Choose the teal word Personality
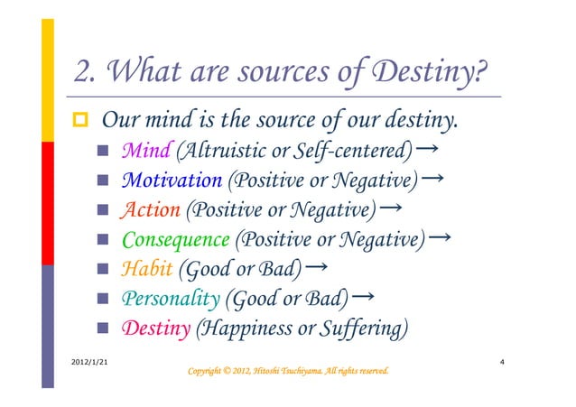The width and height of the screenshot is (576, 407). (x=170, y=299)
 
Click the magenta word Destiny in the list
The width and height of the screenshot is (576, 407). (x=155, y=328)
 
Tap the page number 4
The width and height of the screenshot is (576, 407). (x=502, y=360)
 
